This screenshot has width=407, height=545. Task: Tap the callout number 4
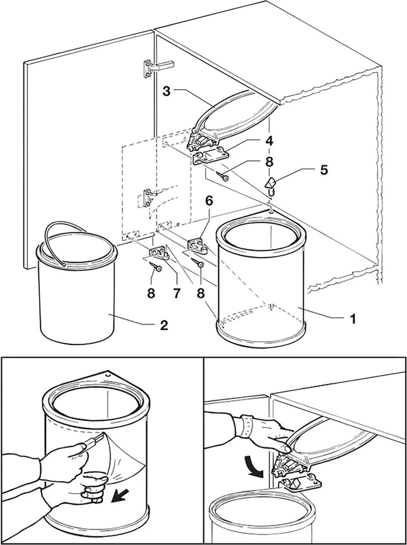coord(270,141)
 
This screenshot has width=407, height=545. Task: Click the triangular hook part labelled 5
coord(271,184)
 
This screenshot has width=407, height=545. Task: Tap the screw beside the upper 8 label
coord(223,175)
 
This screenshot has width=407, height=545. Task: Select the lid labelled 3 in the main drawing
coord(236,114)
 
